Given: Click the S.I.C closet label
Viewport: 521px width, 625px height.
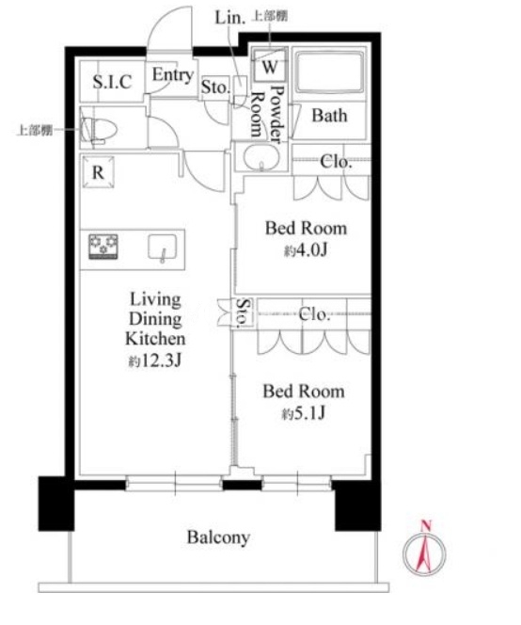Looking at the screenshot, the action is point(112,82).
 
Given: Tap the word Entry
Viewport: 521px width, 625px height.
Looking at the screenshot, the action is point(173,75).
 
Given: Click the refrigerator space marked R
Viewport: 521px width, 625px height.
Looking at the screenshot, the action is point(98,172).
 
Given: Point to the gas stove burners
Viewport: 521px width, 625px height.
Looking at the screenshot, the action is point(103,247).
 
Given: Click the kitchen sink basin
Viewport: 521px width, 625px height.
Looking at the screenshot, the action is point(163,248).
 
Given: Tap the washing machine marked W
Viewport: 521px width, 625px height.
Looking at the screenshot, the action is point(269,66).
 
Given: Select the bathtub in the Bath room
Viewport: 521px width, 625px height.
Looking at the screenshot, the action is point(330,72).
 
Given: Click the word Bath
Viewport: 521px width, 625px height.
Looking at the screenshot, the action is point(329,116).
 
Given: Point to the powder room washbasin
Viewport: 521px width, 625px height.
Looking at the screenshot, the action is point(261,158).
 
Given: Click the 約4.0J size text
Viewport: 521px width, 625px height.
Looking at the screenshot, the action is point(306,251).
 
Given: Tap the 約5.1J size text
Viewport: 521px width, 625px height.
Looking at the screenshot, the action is point(304,414).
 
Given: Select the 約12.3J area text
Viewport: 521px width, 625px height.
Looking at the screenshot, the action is point(155,361).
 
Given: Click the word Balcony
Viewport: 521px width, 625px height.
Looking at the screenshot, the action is point(219,537).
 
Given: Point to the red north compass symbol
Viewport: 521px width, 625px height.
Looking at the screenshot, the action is point(424,552).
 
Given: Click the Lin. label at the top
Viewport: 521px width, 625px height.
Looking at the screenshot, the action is point(229,18).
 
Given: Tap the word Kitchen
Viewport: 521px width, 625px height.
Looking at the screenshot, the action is point(155,339).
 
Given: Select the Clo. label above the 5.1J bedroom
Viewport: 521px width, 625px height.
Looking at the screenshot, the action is point(314,315).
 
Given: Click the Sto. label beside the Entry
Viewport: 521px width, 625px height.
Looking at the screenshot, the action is point(215,87).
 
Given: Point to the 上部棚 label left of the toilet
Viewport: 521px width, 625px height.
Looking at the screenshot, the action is point(34,130).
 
